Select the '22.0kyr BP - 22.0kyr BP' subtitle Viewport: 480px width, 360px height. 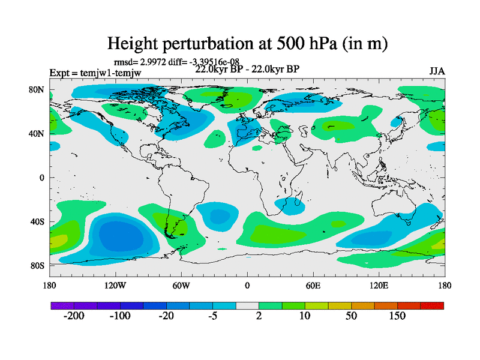click(x=247, y=69)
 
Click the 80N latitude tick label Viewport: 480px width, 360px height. click(x=38, y=90)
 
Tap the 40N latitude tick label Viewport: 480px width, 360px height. click(x=38, y=134)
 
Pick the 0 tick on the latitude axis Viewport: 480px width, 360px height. click(x=42, y=178)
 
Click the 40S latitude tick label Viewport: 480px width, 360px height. click(x=38, y=221)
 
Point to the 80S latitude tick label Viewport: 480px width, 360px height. click(x=38, y=265)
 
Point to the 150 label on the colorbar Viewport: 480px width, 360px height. click(x=398, y=316)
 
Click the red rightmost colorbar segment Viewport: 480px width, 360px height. click(x=432, y=305)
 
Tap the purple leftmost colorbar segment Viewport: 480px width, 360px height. click(x=62, y=305)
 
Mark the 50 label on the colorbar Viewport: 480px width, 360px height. click(x=352, y=316)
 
